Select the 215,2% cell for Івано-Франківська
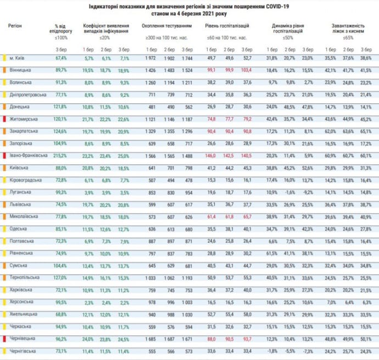coord(60,155)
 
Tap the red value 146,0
coord(210,155)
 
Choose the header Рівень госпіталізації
coord(227,26)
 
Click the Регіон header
coord(15,26)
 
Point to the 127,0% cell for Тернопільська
coord(60,277)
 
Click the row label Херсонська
coord(21,301)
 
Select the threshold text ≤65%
coord(348,37)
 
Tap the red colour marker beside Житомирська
coord(4,119)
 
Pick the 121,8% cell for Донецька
coord(60,107)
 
